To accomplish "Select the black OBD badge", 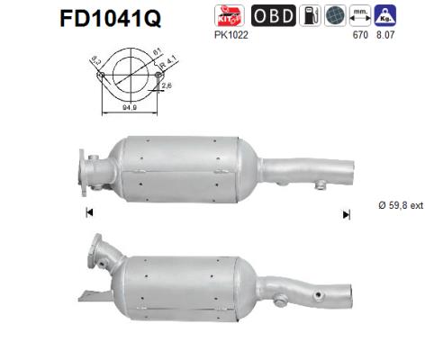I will coord(271,15).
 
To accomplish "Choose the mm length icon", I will coord(361,15).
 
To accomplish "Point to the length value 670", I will coord(365,35).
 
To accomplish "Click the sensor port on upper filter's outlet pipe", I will coord(318,185).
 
